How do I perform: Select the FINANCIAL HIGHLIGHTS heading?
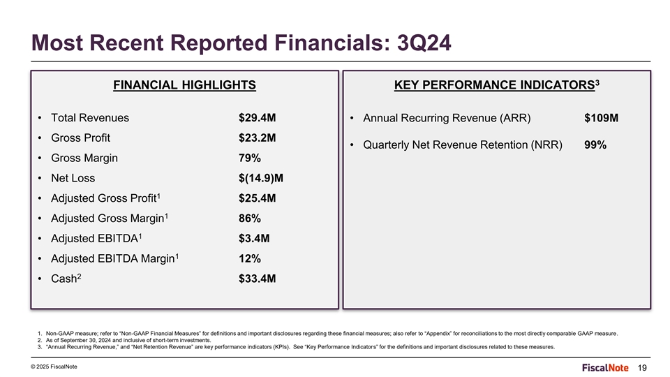[x=184, y=85]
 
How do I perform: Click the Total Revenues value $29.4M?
[x=258, y=117]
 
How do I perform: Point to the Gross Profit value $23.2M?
[x=258, y=138]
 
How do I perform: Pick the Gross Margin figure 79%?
[x=250, y=158]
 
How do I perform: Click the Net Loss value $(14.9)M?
[x=260, y=178]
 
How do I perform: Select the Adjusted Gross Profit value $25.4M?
[x=258, y=198]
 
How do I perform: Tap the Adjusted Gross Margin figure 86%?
[x=250, y=218]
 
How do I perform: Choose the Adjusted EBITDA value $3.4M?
[x=254, y=238]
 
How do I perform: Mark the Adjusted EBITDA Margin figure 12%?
[x=250, y=258]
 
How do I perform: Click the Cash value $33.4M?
[x=258, y=279]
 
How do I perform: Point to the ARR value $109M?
[x=601, y=117]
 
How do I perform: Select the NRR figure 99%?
[x=595, y=145]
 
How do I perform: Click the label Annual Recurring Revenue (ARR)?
[x=447, y=118]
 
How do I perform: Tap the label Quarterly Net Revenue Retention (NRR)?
[x=462, y=145]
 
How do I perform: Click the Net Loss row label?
[x=73, y=178]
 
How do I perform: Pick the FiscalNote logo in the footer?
[x=605, y=368]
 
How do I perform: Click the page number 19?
[x=642, y=368]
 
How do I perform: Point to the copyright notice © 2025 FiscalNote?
[x=54, y=367]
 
